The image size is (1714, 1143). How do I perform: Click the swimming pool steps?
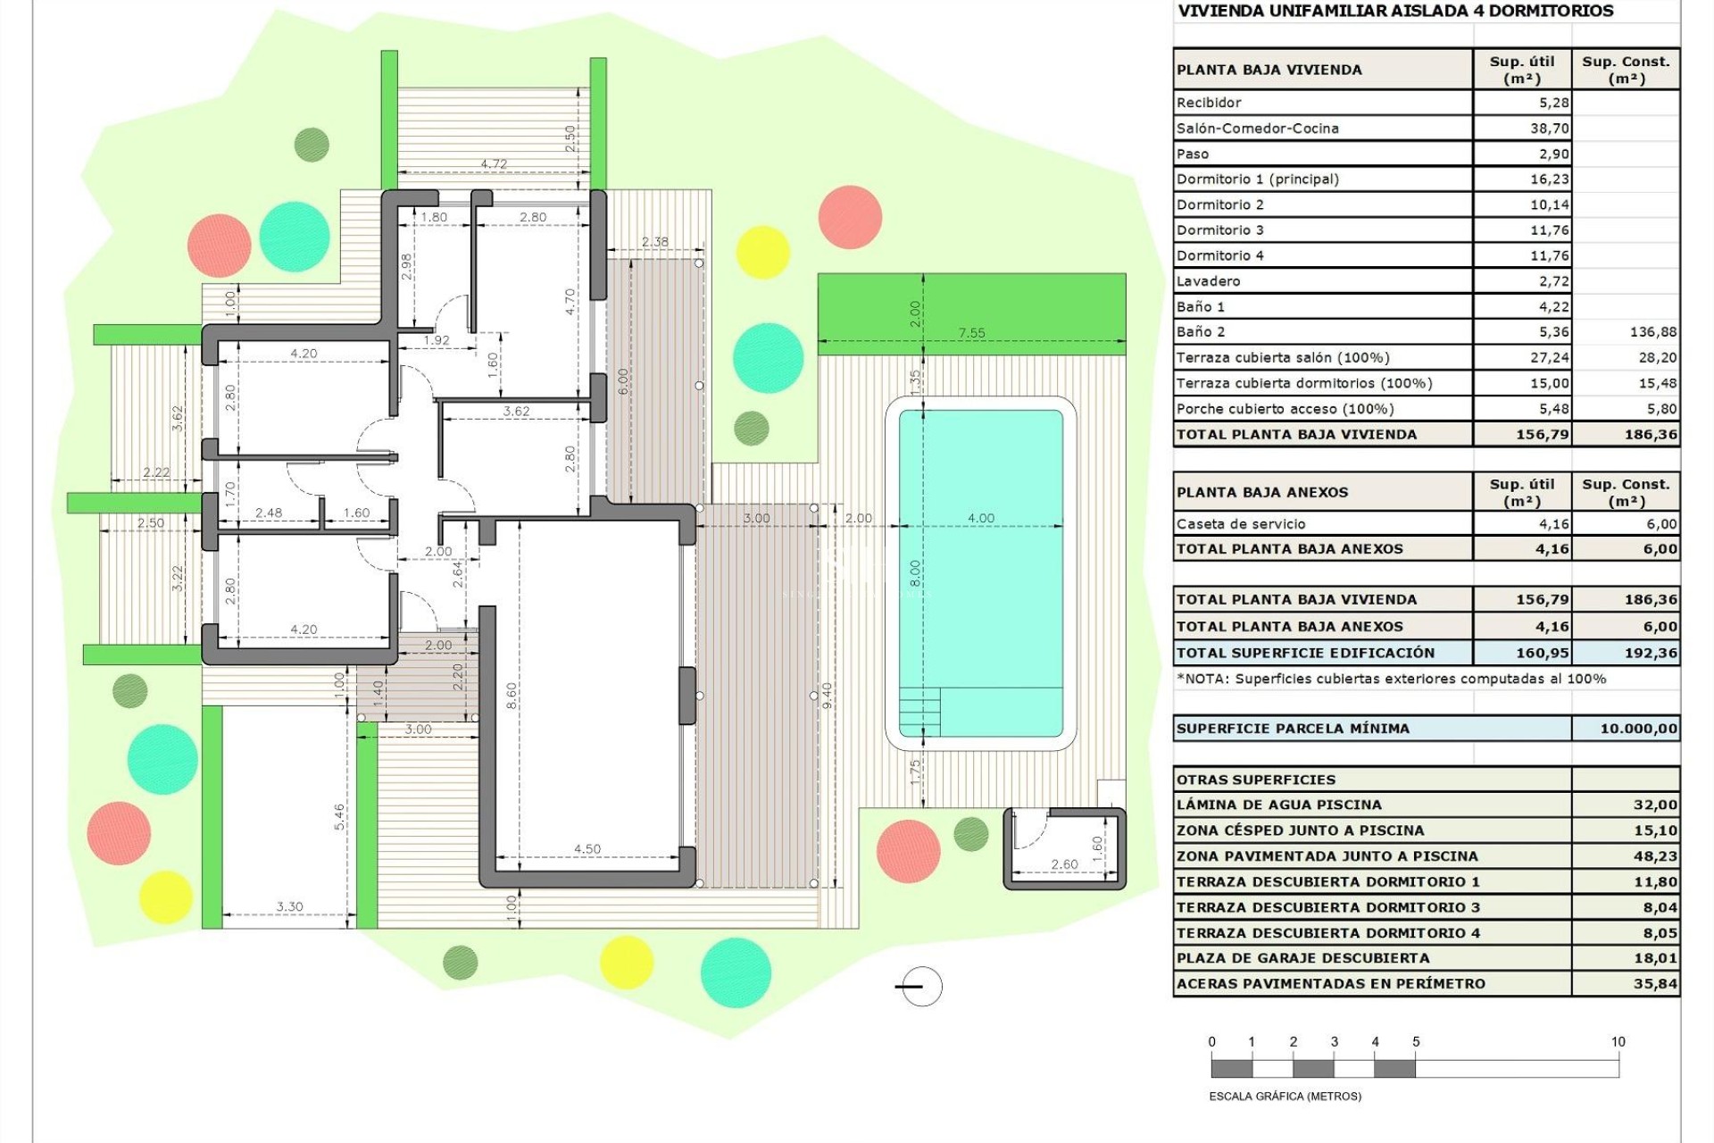(x=919, y=712)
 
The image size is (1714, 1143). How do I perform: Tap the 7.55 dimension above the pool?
(x=971, y=333)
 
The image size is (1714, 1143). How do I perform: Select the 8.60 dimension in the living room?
(x=512, y=696)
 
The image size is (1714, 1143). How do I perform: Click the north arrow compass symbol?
(x=919, y=987)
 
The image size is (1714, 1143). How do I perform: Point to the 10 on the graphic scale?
(x=1618, y=1041)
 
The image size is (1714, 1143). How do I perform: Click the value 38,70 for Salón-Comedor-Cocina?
(x=1549, y=129)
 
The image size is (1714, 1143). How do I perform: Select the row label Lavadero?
(x=1208, y=281)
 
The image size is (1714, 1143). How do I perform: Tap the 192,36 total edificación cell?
(x=1651, y=653)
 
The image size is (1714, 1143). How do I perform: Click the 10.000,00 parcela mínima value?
(x=1638, y=729)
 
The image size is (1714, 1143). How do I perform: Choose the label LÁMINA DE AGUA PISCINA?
(x=1278, y=805)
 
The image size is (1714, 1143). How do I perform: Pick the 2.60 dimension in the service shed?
(x=1064, y=864)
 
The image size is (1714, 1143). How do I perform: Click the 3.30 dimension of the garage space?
(x=289, y=906)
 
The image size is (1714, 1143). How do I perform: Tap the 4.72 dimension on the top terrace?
(x=494, y=164)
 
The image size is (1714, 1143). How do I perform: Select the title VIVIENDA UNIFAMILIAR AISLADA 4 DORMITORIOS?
(x=1395, y=12)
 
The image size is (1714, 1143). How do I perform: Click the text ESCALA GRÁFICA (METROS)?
(x=1285, y=1096)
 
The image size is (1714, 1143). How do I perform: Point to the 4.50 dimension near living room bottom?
(x=587, y=849)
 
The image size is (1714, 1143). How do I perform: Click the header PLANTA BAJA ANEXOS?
(x=1261, y=492)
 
